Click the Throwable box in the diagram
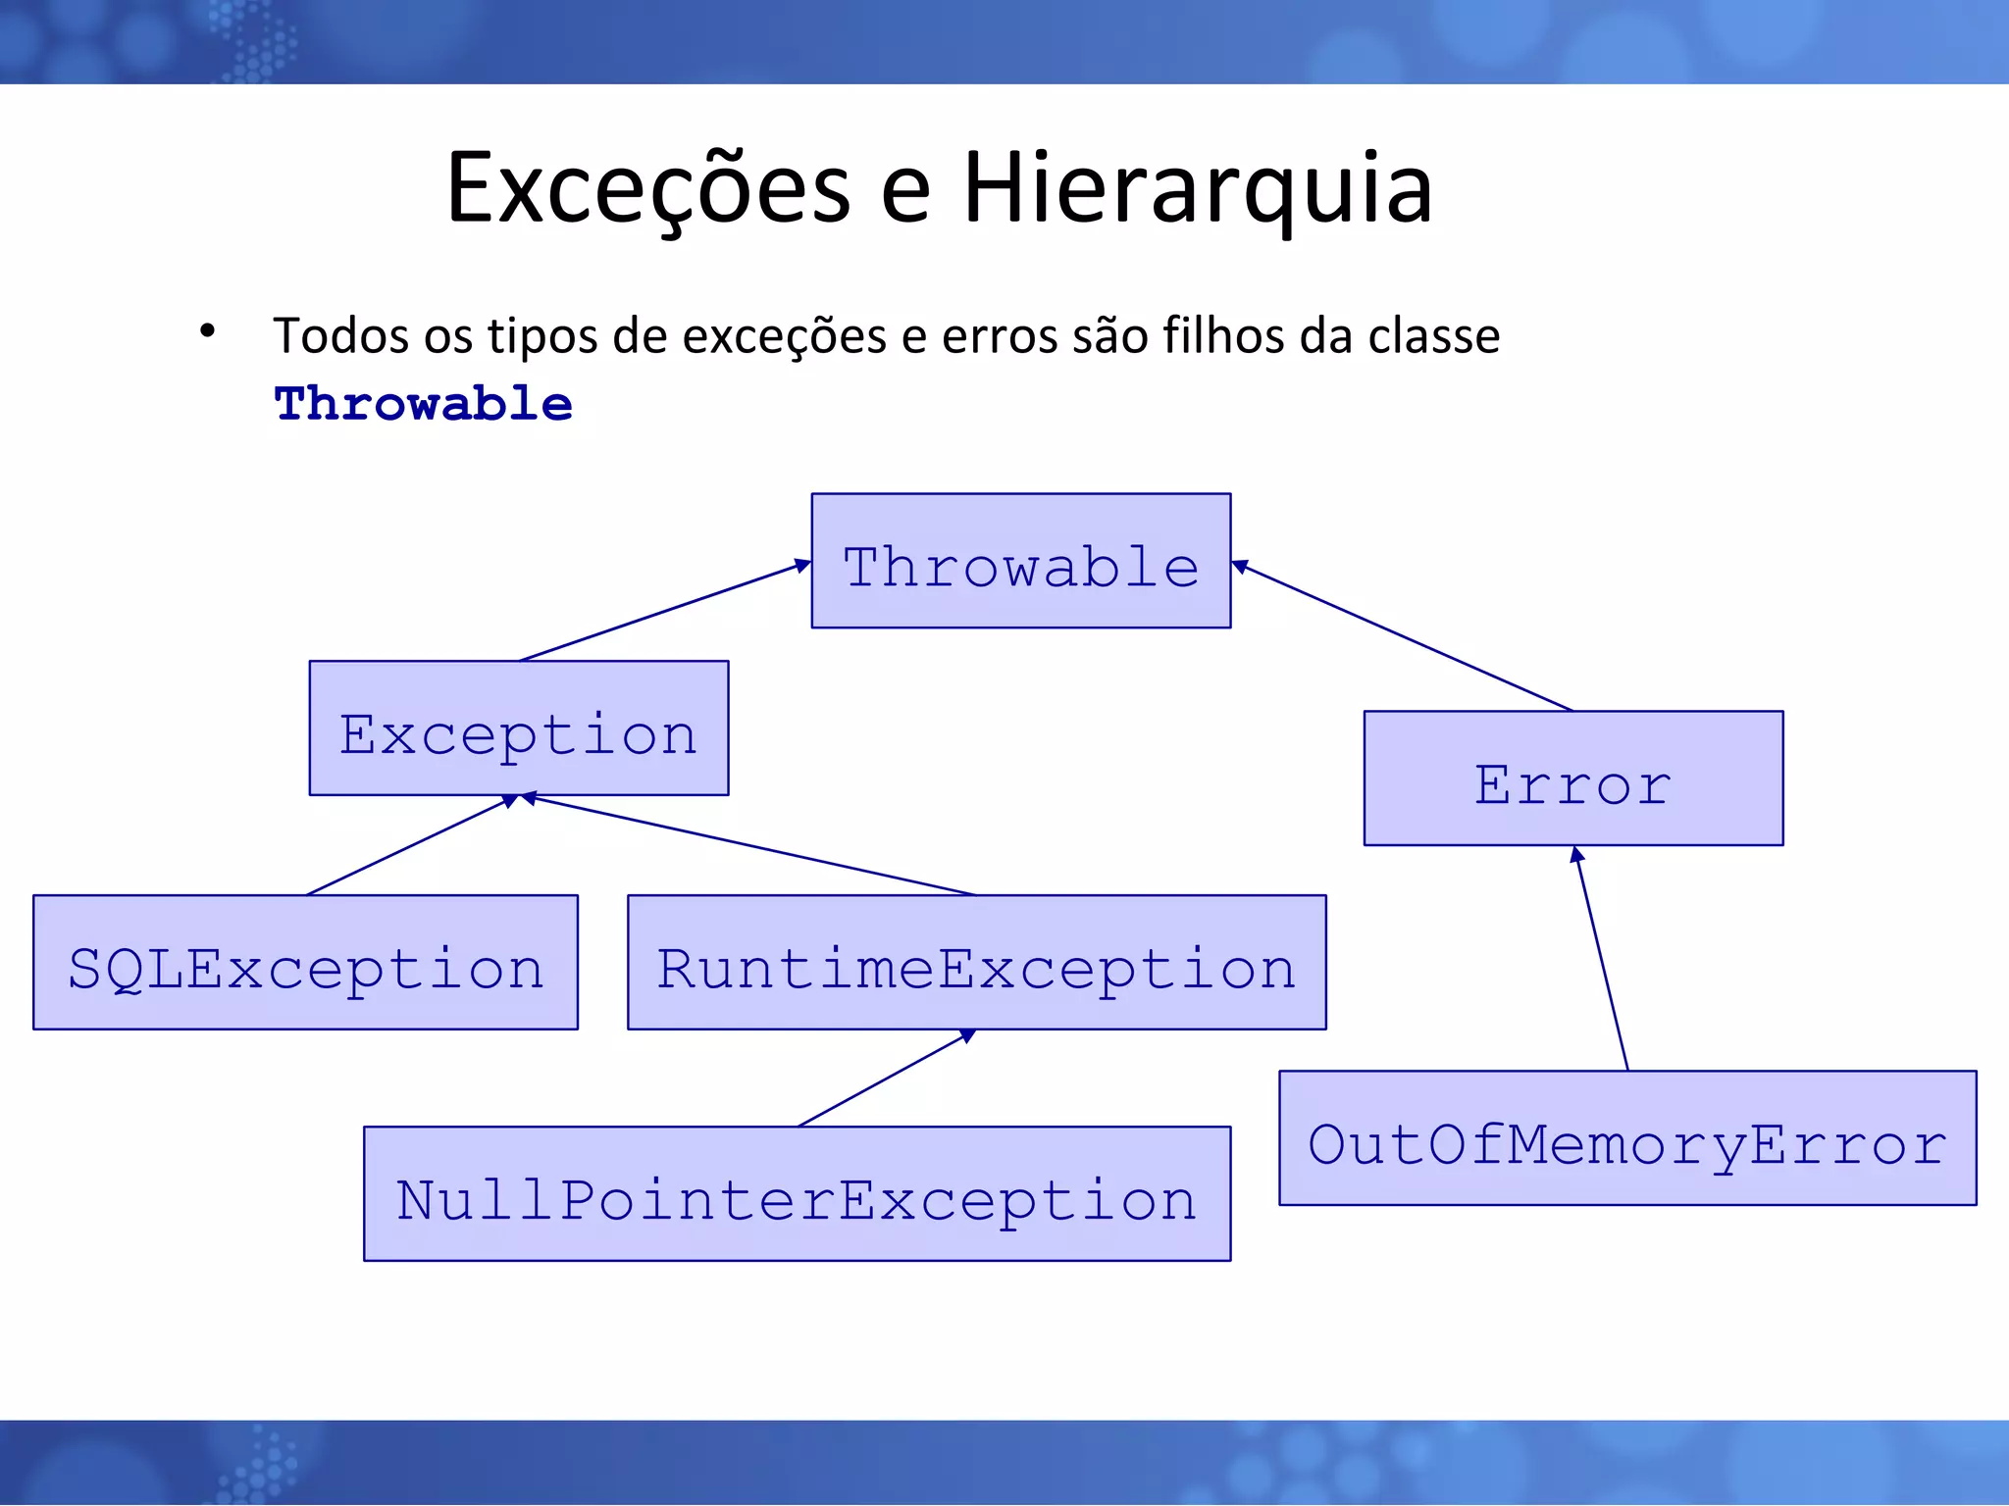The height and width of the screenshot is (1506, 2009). point(1020,561)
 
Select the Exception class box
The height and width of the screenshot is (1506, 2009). point(518,728)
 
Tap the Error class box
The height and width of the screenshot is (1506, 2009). point(1572,778)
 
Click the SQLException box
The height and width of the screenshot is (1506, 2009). point(305,963)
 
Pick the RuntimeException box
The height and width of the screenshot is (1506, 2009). point(976,963)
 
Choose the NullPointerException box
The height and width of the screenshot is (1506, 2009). point(797,1194)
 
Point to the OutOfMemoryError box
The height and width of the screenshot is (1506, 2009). point(1626,1138)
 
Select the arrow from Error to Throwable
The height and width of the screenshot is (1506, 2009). point(1403,638)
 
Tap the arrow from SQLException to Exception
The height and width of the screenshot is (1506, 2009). point(407,846)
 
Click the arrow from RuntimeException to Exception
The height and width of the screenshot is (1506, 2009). point(750,846)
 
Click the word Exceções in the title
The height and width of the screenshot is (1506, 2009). point(647,188)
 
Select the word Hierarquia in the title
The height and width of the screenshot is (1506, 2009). point(1197,188)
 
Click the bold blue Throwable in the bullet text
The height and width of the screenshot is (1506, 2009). point(423,404)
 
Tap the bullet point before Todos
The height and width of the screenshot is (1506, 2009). point(207,331)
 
